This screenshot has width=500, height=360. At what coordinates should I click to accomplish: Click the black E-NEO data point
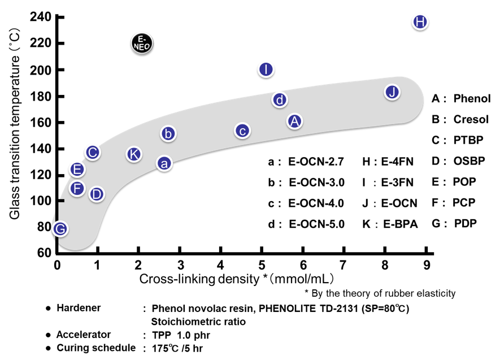tap(141, 43)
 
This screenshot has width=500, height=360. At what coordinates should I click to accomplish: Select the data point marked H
tap(420, 22)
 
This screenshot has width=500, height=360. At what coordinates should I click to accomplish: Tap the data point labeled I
tap(266, 70)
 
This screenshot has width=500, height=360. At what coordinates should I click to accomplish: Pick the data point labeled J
tap(393, 92)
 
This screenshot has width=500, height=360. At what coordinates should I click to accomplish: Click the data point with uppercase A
tap(294, 120)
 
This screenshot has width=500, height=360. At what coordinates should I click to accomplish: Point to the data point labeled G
tap(60, 228)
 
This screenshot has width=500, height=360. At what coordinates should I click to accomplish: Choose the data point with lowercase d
tap(280, 100)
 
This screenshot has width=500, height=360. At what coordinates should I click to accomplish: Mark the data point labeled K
tap(133, 154)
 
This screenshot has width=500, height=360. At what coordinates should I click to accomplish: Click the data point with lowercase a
tap(164, 163)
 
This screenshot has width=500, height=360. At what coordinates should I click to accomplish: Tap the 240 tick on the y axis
tap(45, 18)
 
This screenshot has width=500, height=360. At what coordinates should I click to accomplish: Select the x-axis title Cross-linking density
tap(237, 279)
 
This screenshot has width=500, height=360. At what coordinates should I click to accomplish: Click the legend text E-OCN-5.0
tap(316, 224)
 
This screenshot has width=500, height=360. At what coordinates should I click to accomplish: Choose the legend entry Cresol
tap(471, 119)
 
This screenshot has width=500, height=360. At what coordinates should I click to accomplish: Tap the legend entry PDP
tap(465, 223)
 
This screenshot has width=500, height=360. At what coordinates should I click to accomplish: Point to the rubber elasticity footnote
tap(380, 293)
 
